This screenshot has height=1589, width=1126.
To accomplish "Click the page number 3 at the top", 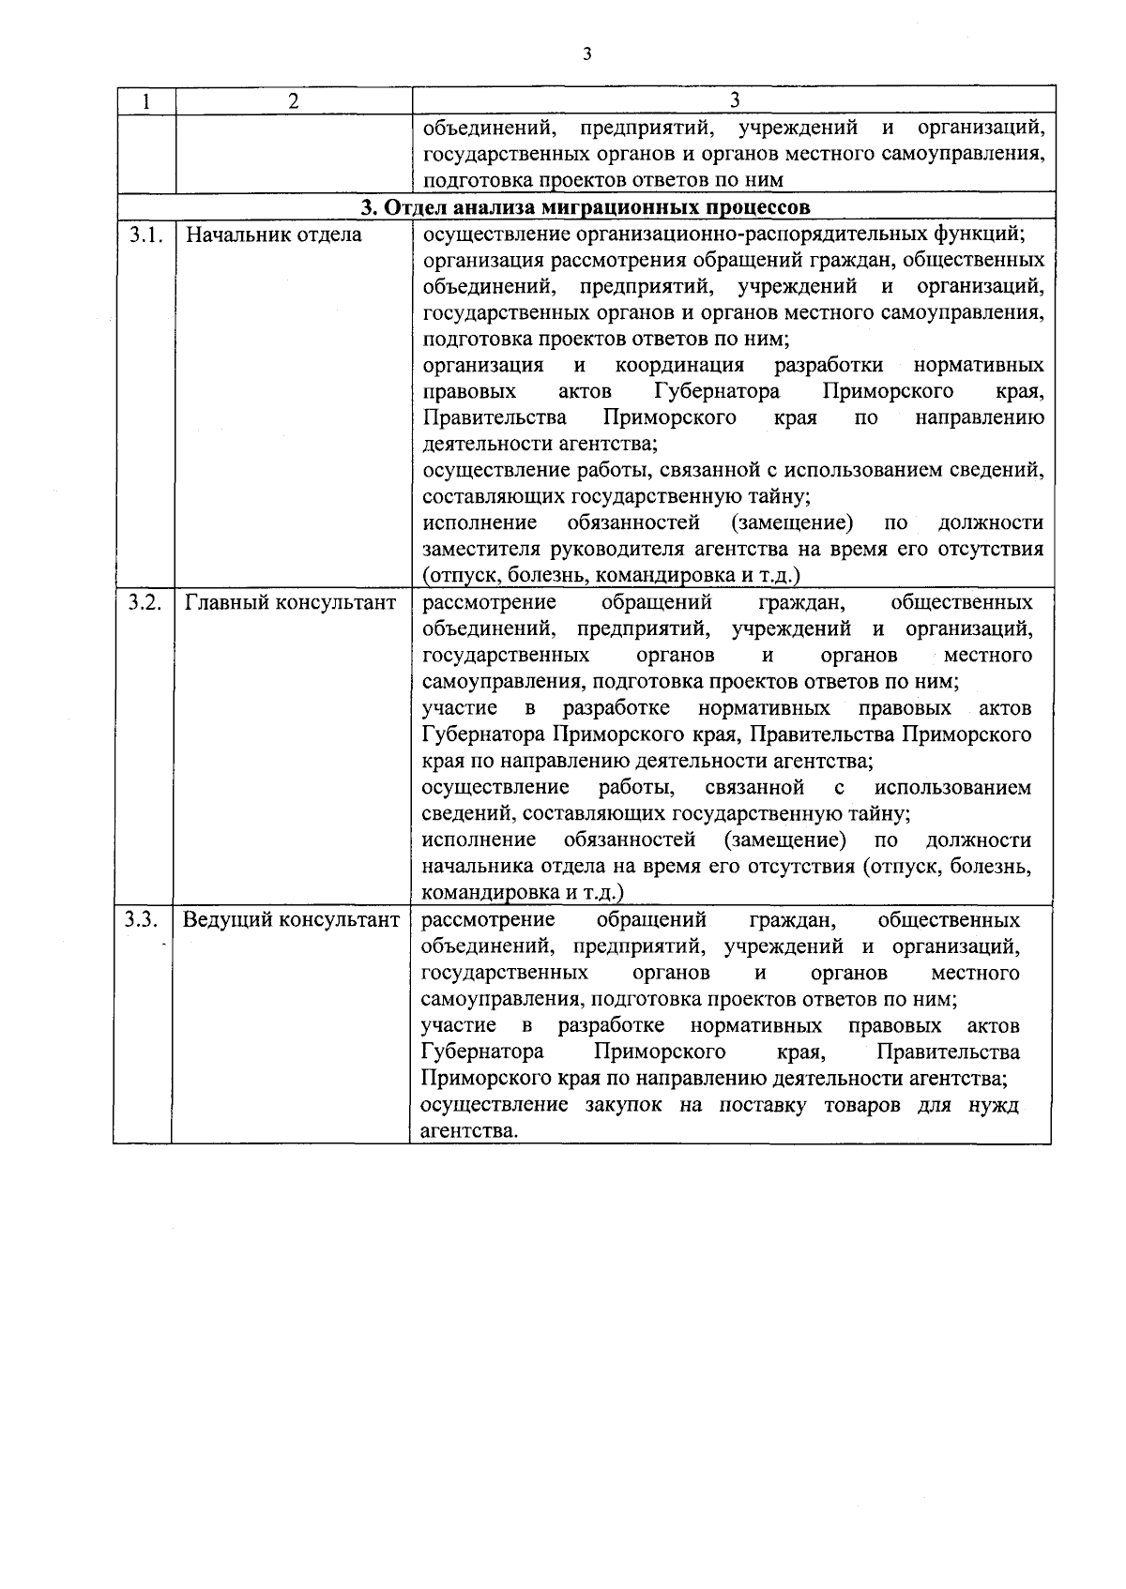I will tap(586, 54).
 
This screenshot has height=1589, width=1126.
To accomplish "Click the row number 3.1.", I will tap(146, 235).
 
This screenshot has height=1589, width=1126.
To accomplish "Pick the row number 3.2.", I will tap(145, 602).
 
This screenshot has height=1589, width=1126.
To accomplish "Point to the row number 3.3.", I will tap(143, 919).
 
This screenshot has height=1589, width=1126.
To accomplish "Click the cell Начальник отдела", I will tap(273, 235).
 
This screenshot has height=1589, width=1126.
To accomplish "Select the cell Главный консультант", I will tap(290, 602).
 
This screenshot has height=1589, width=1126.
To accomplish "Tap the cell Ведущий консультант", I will tap(291, 919).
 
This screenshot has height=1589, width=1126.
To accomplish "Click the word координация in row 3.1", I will tap(679, 365).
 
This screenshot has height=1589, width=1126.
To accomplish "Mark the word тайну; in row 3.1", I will tap(779, 496).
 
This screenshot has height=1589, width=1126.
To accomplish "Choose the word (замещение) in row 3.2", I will tap(784, 839).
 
